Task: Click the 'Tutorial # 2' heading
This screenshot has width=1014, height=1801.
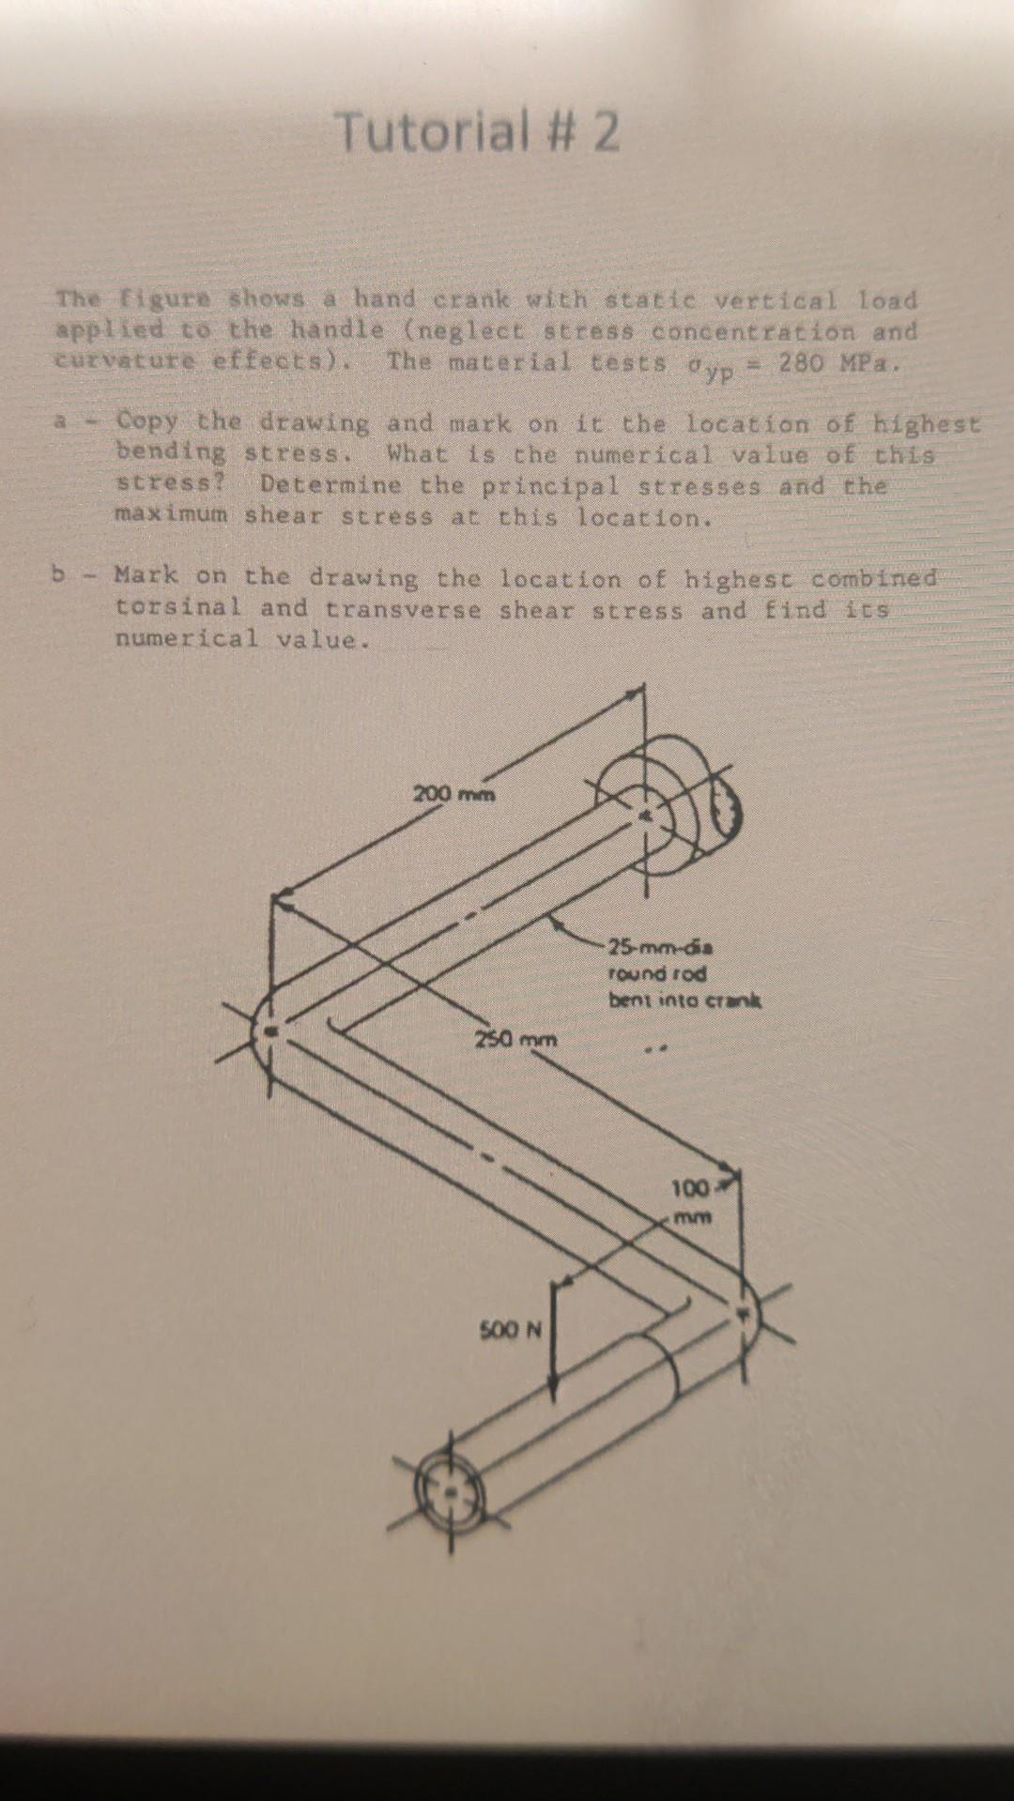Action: click(x=478, y=131)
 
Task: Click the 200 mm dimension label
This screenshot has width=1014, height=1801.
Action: click(x=454, y=793)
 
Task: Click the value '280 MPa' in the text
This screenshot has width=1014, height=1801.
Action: click(x=831, y=363)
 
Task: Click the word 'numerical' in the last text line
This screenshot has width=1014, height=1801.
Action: click(x=185, y=639)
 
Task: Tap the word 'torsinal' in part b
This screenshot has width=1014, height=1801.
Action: click(x=177, y=607)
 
